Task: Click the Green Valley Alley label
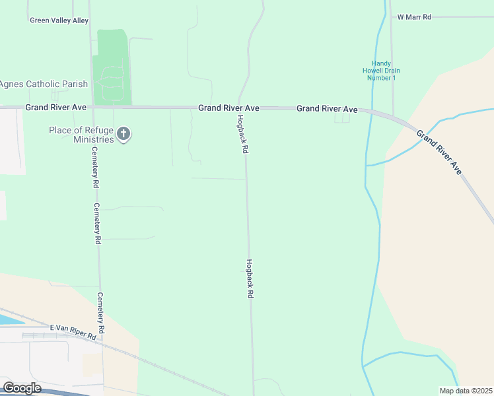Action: point(59,20)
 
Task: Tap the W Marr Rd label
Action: point(413,16)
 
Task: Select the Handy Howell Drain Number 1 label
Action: point(381,71)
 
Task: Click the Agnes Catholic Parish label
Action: point(43,84)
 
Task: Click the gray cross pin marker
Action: point(123,135)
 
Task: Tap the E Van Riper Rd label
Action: point(73,332)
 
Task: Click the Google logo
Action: point(22,388)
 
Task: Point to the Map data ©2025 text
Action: point(466,391)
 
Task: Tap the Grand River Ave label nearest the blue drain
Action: point(327,108)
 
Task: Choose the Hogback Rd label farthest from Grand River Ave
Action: point(250,279)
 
